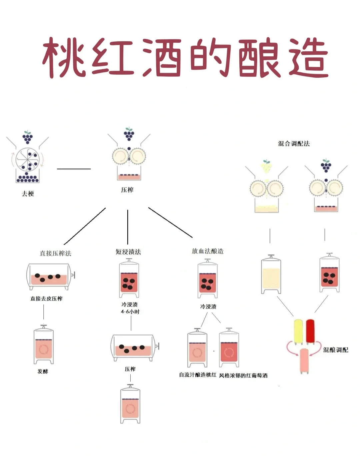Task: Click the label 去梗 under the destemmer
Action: tap(28, 194)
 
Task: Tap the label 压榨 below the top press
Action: tap(127, 190)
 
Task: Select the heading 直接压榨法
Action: tap(56, 253)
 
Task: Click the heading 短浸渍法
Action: tap(128, 252)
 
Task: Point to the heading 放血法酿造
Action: tap(208, 251)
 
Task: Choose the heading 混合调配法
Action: tap(294, 144)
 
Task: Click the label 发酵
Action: tap(43, 371)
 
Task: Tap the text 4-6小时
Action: tap(130, 312)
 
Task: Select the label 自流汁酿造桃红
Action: tap(198, 375)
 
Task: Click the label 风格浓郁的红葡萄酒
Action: tap(243, 376)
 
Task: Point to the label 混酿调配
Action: tap(335, 350)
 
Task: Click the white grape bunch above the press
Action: tap(266, 166)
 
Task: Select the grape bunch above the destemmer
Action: tap(28, 137)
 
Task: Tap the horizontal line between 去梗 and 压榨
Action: tap(74, 169)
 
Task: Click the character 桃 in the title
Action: tap(63, 57)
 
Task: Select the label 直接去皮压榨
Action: tap(46, 299)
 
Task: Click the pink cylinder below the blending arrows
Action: tap(304, 361)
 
